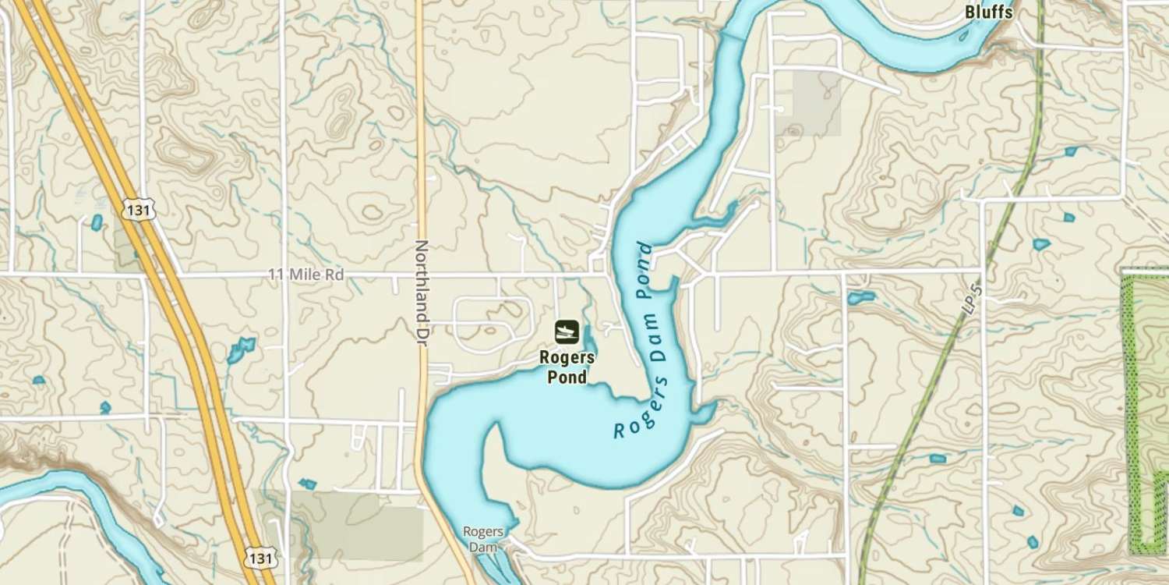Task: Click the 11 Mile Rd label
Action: click(305, 275)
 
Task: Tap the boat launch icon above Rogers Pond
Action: click(567, 331)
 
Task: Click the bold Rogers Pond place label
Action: click(567, 367)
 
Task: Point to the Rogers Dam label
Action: click(482, 539)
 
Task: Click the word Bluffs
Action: click(988, 12)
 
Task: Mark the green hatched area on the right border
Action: click(1145, 413)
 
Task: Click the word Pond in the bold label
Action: click(567, 378)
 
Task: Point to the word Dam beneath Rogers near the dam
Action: click(482, 547)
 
